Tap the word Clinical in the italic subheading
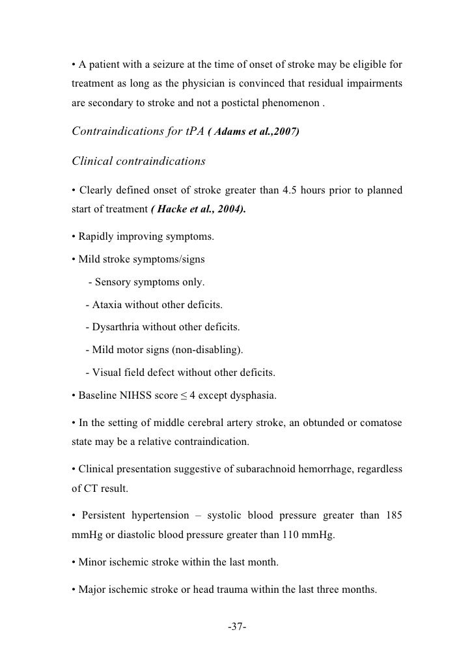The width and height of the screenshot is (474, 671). point(98,160)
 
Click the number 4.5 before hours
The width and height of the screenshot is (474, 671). point(291,190)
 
